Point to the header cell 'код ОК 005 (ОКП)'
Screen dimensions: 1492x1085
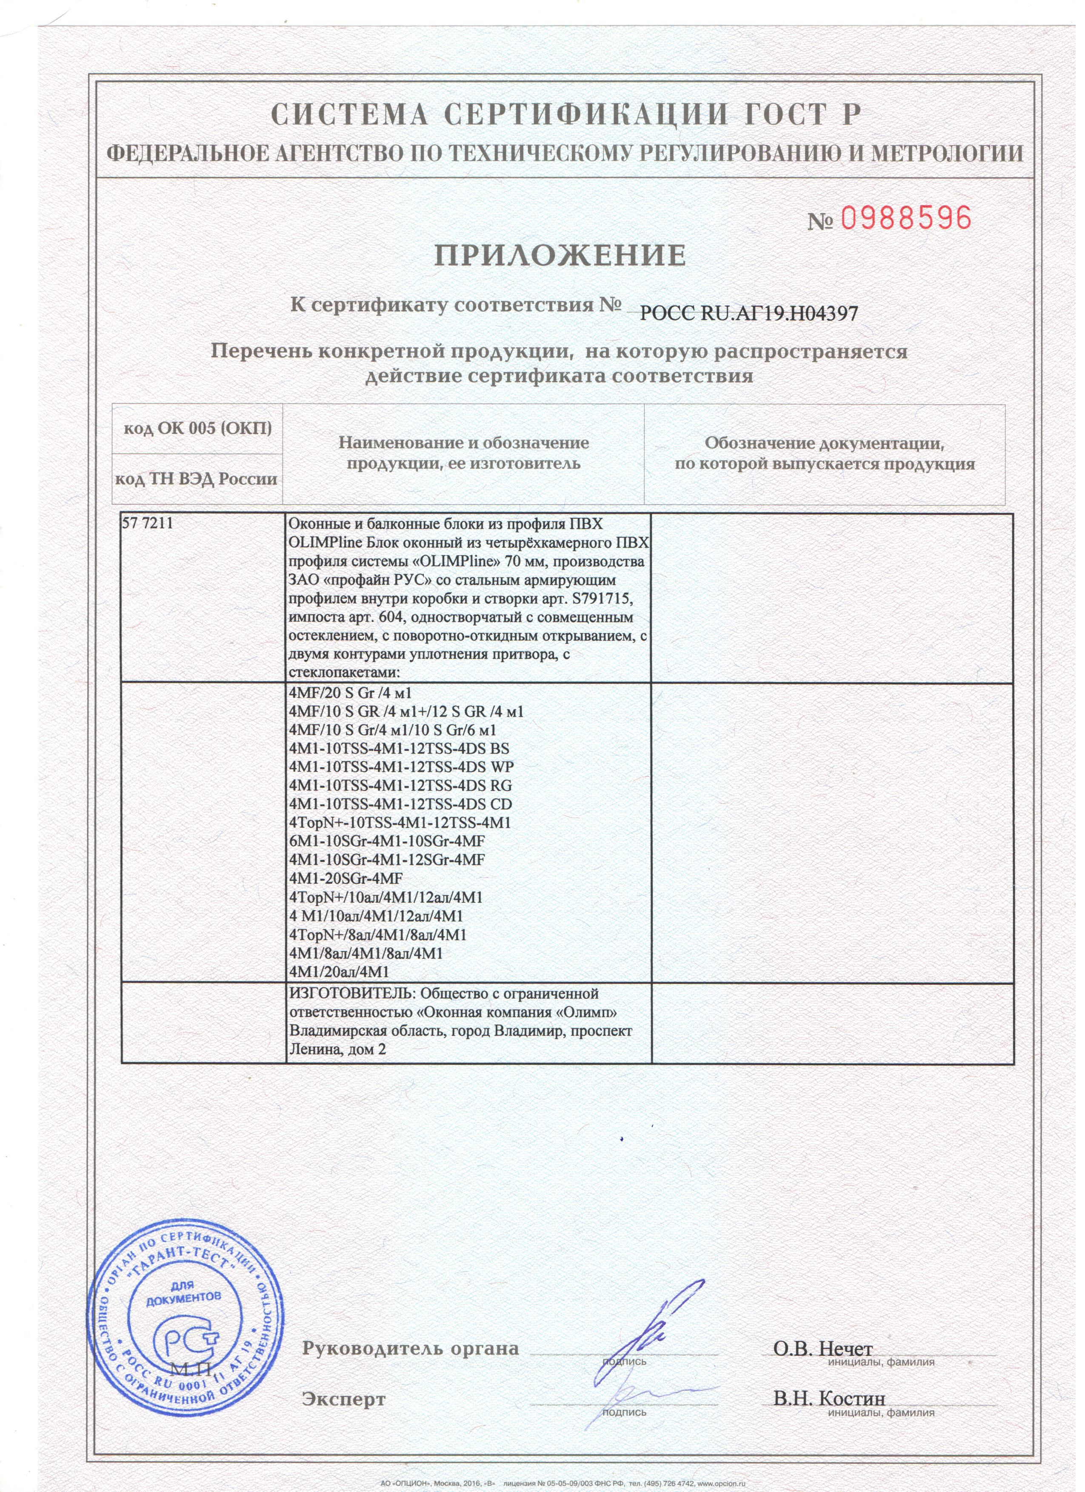[198, 429]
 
